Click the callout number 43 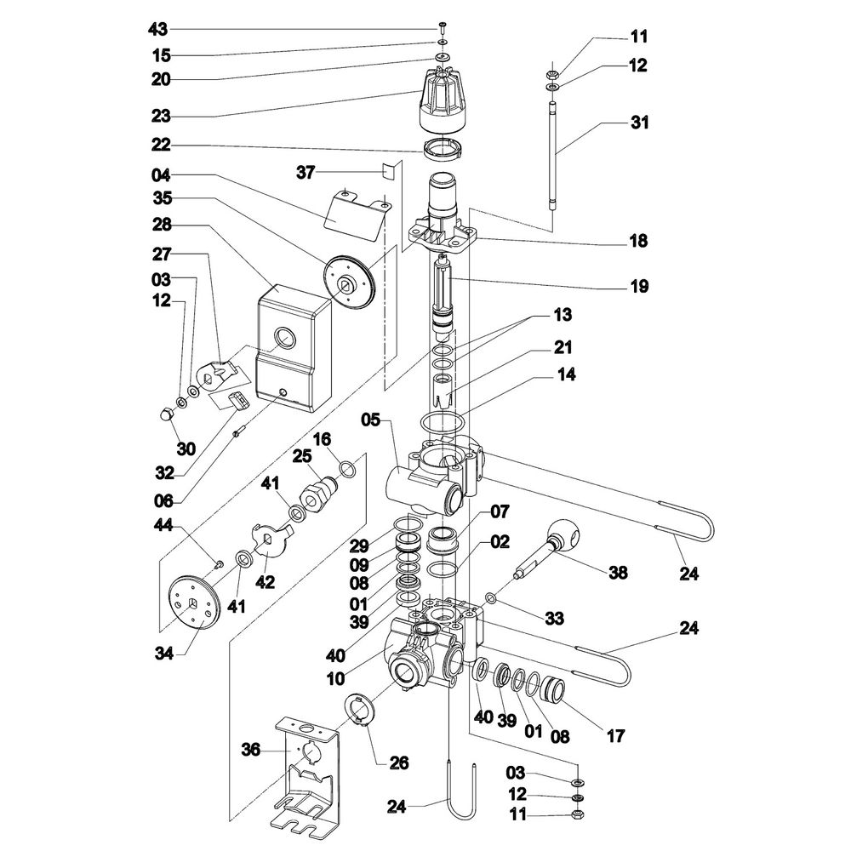pyautogui.click(x=157, y=30)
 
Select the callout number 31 pyautogui.click(x=640, y=123)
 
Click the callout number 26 pyautogui.click(x=398, y=762)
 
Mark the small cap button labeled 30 pyautogui.click(x=166, y=414)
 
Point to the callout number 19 pyautogui.click(x=640, y=287)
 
